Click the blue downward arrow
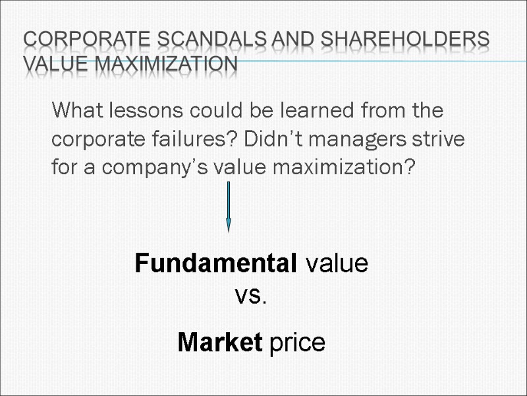click(228, 206)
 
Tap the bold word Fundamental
click(215, 264)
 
